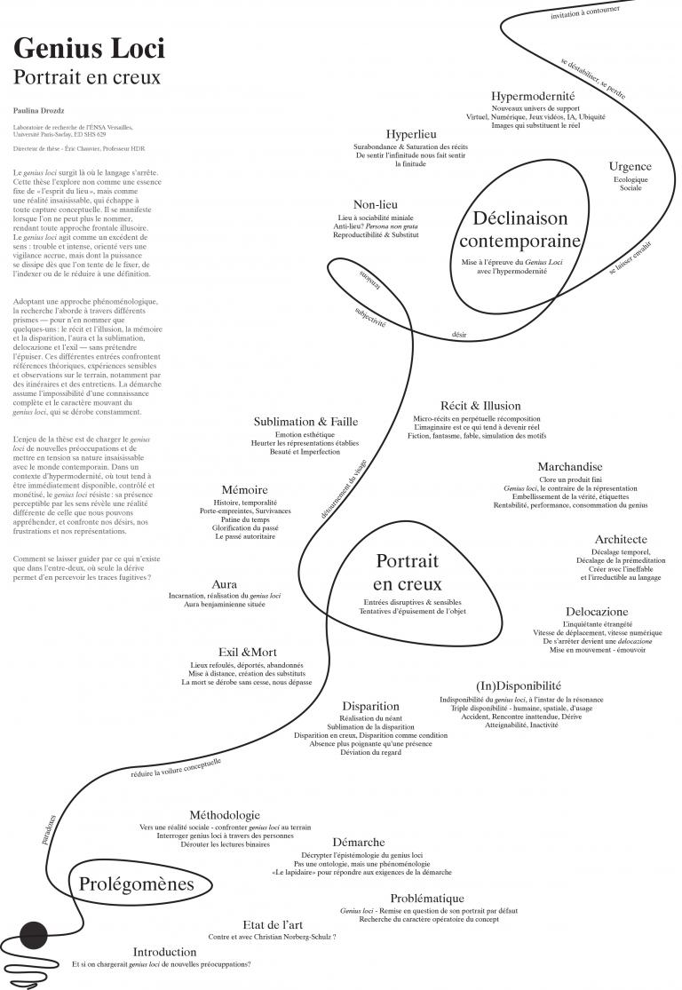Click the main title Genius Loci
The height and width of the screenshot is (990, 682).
point(89,48)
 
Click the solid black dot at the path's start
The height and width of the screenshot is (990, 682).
point(34,935)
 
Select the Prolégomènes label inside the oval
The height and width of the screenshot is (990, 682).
point(136,883)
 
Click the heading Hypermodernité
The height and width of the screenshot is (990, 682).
point(533,96)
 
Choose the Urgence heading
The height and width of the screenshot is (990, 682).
point(630,166)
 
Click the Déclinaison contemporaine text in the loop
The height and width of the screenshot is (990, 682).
point(519,229)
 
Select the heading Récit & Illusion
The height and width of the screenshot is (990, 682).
point(480,406)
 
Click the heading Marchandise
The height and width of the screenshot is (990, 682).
point(569,467)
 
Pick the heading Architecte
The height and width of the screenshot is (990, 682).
point(621,539)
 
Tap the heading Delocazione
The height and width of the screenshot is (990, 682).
point(596,612)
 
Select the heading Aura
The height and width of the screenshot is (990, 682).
point(225,584)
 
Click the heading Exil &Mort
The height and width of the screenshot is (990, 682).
point(247,652)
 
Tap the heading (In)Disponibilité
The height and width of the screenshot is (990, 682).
point(519,685)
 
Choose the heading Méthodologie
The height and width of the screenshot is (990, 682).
point(225,814)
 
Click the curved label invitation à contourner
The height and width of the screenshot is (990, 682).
point(584,12)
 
